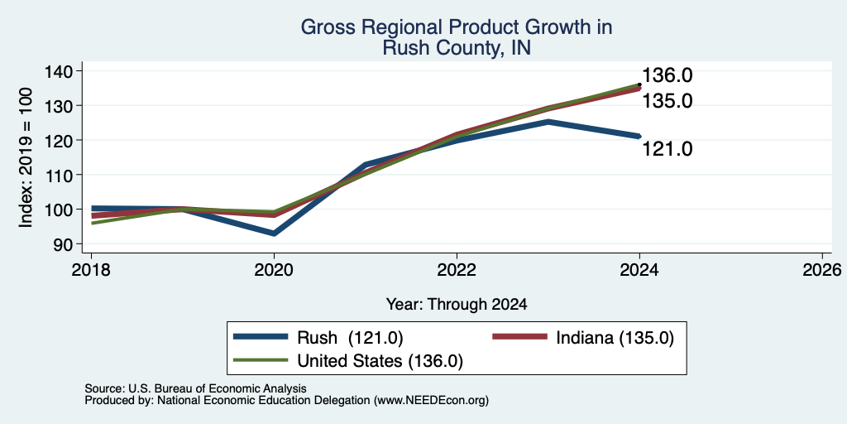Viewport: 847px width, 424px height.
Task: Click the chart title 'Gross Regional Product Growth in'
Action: click(457, 27)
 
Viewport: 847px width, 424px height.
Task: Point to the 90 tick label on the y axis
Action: click(70, 244)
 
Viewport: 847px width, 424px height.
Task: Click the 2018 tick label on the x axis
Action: click(91, 269)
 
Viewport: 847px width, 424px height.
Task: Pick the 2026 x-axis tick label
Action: click(822, 269)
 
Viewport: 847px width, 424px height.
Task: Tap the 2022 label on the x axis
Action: click(457, 269)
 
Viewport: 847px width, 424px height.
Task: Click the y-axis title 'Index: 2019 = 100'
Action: click(26, 157)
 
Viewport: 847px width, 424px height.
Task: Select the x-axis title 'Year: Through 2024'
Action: click(457, 305)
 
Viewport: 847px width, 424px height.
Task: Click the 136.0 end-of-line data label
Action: click(668, 75)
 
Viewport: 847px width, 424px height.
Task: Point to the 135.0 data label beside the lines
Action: click(668, 101)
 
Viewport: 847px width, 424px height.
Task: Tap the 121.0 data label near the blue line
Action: click(668, 148)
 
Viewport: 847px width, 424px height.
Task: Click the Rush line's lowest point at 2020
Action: click(274, 233)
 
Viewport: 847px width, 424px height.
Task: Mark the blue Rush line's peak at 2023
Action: click(548, 122)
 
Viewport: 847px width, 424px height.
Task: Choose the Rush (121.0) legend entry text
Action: click(350, 338)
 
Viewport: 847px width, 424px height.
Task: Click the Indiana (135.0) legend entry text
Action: click(615, 338)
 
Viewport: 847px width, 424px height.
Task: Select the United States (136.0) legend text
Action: click(380, 361)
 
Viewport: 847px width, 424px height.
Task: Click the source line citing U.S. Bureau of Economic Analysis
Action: click(195, 388)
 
